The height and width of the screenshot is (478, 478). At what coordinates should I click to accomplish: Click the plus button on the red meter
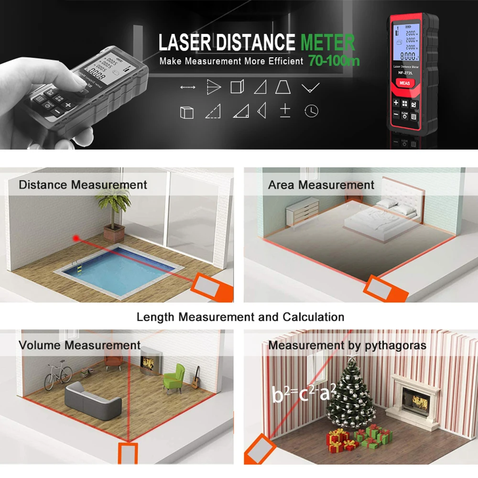click(x=396, y=103)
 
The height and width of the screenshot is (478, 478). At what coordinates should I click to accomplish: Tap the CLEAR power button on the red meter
click(x=404, y=115)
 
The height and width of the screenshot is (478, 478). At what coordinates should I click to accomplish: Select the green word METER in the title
click(x=328, y=43)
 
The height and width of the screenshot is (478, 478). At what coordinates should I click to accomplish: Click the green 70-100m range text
click(x=334, y=61)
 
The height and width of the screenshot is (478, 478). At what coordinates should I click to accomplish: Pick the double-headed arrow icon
click(x=188, y=87)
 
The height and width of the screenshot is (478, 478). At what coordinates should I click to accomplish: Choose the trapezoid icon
click(x=283, y=87)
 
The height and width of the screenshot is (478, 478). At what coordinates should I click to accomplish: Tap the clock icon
click(x=311, y=111)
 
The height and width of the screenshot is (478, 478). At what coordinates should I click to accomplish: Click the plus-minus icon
click(x=285, y=110)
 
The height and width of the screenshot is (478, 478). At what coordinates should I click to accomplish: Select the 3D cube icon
click(x=186, y=112)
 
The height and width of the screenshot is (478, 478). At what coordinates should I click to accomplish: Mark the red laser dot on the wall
click(x=75, y=237)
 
